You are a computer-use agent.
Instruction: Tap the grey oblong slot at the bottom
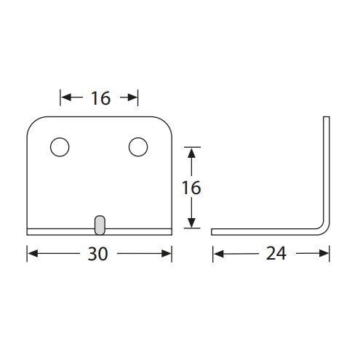[100, 225]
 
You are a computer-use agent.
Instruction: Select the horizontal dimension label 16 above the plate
[100, 98]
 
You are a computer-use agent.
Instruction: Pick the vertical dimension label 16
[191, 188]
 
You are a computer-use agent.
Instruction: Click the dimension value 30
[97, 254]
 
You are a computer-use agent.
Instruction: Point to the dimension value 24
[276, 254]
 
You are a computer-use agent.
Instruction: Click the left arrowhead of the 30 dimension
[33, 254]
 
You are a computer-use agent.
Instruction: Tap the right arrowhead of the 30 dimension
[167, 254]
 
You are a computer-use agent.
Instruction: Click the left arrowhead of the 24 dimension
[219, 254]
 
